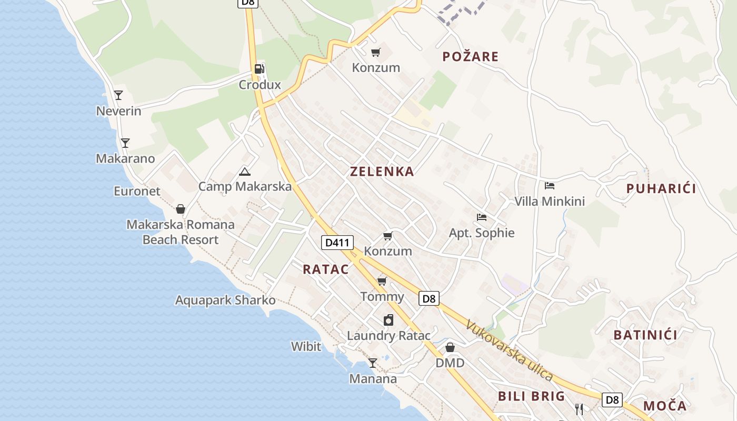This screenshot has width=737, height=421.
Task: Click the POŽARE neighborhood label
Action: [x=470, y=56]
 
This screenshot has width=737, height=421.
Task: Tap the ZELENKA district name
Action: [x=382, y=172]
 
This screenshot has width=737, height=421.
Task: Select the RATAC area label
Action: [x=325, y=269]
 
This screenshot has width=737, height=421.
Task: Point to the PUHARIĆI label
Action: [x=661, y=188]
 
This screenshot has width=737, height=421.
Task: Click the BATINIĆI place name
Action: [x=645, y=335]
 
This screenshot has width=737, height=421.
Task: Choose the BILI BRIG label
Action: [x=531, y=396]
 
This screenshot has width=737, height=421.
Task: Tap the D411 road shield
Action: [x=337, y=243]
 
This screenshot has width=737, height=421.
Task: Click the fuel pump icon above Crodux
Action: [x=259, y=68]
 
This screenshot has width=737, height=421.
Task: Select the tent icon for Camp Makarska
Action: [x=244, y=172]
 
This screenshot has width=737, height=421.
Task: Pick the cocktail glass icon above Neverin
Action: [x=118, y=95]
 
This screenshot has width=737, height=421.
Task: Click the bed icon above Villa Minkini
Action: [x=550, y=186]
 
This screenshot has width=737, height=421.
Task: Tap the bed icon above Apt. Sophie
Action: [x=481, y=217]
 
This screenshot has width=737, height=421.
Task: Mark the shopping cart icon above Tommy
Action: [x=382, y=281]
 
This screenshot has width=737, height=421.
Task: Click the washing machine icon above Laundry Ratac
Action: [x=388, y=320]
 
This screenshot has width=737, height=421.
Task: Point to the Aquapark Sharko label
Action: [x=225, y=300]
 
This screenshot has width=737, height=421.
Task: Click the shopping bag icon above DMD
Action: [x=450, y=347]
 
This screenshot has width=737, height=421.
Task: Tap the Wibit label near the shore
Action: [x=306, y=346]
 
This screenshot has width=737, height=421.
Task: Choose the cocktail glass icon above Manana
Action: [x=372, y=363]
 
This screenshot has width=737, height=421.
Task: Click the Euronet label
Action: [x=137, y=191]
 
